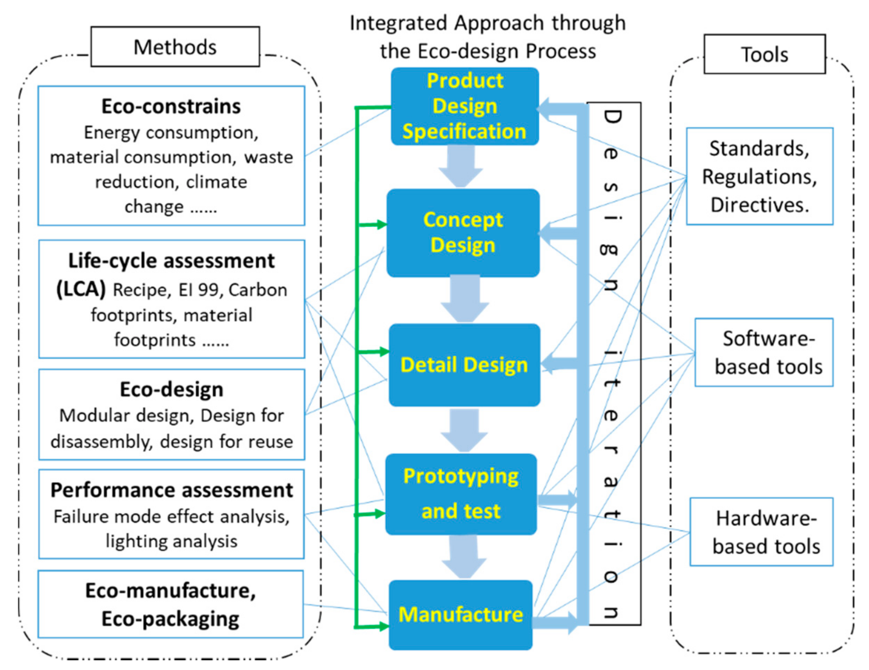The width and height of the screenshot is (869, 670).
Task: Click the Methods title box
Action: pyautogui.click(x=175, y=47)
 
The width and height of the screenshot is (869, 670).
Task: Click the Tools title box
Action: pyautogui.click(x=764, y=55)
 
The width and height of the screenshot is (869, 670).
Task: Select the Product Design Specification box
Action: pyautogui.click(x=464, y=106)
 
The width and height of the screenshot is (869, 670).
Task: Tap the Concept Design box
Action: pyautogui.click(x=463, y=233)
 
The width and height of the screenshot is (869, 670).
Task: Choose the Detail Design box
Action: pyautogui.click(x=464, y=365)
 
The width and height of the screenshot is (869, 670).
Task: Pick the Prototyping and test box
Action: pyautogui.click(x=461, y=494)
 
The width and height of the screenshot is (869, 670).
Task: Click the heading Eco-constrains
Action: pyautogui.click(x=171, y=107)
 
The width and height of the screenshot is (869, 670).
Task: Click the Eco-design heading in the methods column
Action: pyautogui.click(x=171, y=390)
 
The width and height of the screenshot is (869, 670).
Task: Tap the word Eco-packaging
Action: pyautogui.click(x=170, y=619)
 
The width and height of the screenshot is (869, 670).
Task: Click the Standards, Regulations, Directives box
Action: pyautogui.click(x=759, y=176)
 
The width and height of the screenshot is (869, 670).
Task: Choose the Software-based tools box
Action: pyautogui.click(x=764, y=352)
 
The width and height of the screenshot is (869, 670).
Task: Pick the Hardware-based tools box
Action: pyautogui.click(x=761, y=532)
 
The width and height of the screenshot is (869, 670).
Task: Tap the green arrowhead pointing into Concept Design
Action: pyautogui.click(x=382, y=225)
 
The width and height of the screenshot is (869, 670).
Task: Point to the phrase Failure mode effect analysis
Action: pyautogui.click(x=171, y=517)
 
